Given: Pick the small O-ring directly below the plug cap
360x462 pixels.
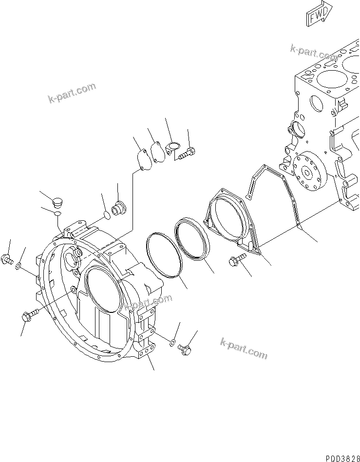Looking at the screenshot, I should [x=57, y=213].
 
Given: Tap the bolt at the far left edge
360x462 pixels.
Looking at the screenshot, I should [x=7, y=259].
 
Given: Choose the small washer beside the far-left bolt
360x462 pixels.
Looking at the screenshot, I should [x=18, y=266].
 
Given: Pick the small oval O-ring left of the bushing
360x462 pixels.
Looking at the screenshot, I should [x=107, y=214].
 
